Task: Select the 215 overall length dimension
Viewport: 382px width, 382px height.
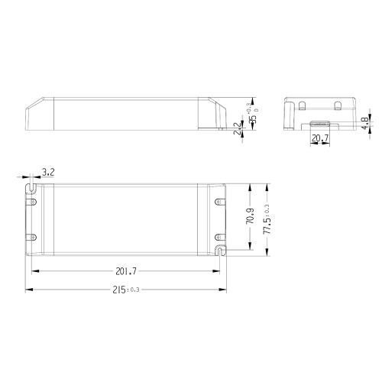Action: [119, 290]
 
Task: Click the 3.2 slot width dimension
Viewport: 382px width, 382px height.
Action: [47, 174]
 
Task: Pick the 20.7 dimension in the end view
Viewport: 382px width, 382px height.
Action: [321, 138]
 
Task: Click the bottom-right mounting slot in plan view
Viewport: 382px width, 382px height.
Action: [220, 249]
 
